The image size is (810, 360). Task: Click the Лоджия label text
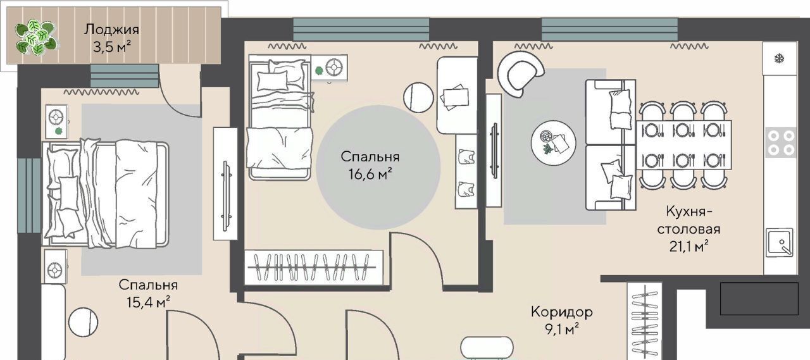(x=111, y=30)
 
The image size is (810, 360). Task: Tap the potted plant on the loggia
(x=36, y=37)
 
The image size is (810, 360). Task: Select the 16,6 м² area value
(x=370, y=175)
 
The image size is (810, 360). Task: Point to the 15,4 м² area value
(x=148, y=302)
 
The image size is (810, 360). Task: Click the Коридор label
(x=561, y=311)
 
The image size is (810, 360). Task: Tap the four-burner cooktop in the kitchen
(x=781, y=142)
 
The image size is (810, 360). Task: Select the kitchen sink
(x=780, y=242)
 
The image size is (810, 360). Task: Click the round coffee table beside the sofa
(x=553, y=143)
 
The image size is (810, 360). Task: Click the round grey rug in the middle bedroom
(x=378, y=167)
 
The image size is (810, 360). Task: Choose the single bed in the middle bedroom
(x=280, y=117)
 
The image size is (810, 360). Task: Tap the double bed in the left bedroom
(x=106, y=194)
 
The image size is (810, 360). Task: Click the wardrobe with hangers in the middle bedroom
(x=313, y=268)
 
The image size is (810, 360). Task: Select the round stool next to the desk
(x=418, y=97)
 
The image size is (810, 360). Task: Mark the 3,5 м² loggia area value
(x=112, y=47)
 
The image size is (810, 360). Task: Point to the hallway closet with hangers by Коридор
(x=644, y=321)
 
